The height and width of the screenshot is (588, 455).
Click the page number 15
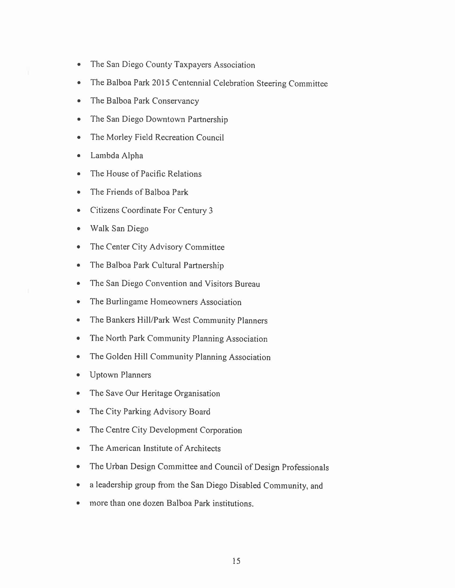click(236, 561)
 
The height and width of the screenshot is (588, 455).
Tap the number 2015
click(160, 83)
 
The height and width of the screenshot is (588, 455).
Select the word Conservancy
click(176, 101)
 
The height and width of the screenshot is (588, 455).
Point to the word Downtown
click(165, 119)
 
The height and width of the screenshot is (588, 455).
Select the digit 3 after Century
click(211, 211)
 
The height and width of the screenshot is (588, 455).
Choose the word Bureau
click(247, 284)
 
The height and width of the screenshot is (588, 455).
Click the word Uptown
click(104, 375)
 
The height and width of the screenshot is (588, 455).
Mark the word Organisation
click(197, 394)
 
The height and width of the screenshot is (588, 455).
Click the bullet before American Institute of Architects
click(78, 448)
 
